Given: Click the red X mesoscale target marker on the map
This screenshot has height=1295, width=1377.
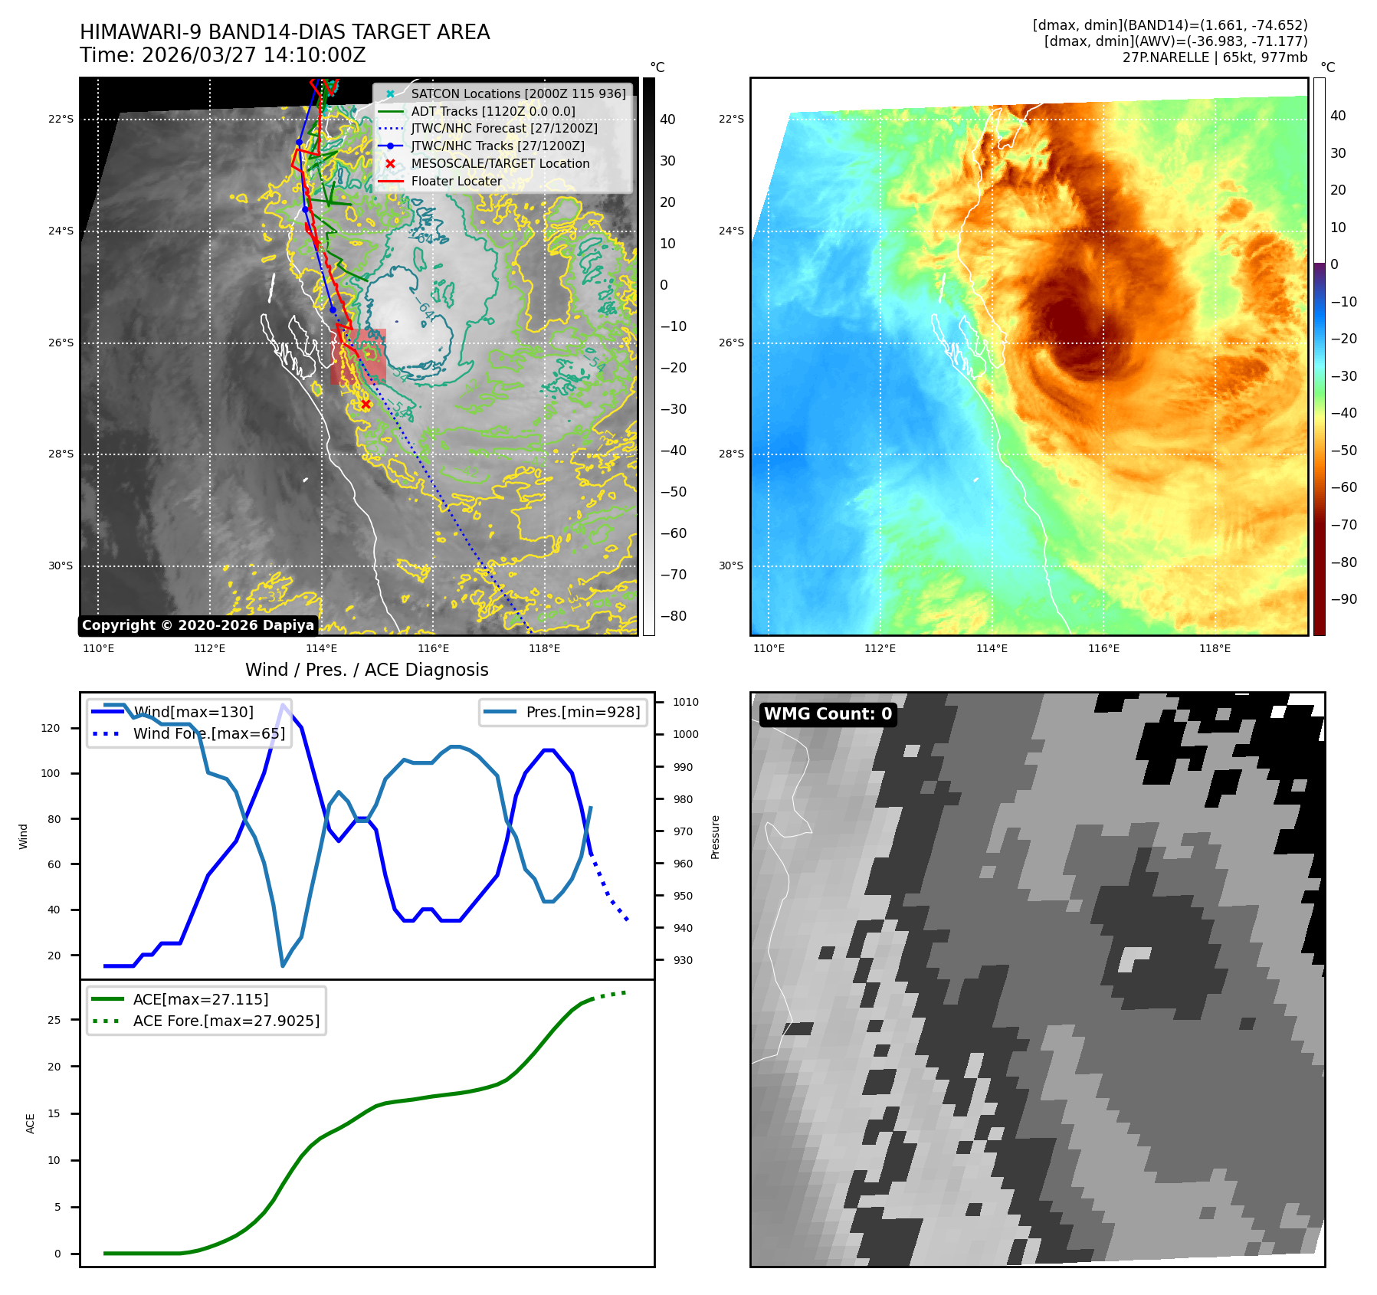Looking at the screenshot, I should pyautogui.click(x=366, y=405).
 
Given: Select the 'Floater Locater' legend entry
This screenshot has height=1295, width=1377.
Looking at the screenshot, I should pyautogui.click(x=456, y=182).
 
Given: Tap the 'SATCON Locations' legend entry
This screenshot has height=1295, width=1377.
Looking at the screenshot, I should pyautogui.click(x=518, y=93).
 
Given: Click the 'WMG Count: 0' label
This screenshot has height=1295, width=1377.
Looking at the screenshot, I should pyautogui.click(x=828, y=714).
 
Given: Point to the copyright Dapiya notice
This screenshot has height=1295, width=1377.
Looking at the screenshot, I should pyautogui.click(x=198, y=625).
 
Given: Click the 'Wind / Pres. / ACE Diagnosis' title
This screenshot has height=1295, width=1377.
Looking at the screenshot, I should pyautogui.click(x=366, y=670).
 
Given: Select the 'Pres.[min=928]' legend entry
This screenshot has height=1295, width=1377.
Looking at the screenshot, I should pyautogui.click(x=582, y=712).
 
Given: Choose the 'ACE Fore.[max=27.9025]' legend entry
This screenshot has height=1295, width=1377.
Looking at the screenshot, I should pyautogui.click(x=226, y=1021).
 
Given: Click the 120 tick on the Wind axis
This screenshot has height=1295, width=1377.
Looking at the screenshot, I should pyautogui.click(x=51, y=728).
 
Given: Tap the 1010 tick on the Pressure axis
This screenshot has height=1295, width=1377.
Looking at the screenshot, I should pyautogui.click(x=686, y=702).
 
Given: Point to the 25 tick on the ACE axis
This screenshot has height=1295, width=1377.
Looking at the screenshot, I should pyautogui.click(x=54, y=1020).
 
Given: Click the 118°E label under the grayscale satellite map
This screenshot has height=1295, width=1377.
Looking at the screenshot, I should pyautogui.click(x=544, y=649).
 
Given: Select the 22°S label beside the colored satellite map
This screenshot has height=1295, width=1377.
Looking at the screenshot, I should pyautogui.click(x=731, y=119).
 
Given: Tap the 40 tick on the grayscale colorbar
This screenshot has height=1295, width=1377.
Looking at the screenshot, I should pyautogui.click(x=667, y=120).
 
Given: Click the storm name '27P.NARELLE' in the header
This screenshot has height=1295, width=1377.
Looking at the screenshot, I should pyautogui.click(x=1165, y=57).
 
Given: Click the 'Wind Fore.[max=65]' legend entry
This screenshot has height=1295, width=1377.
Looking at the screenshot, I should pyautogui.click(x=208, y=733).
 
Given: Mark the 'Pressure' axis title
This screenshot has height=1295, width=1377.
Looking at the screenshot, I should pyautogui.click(x=715, y=837).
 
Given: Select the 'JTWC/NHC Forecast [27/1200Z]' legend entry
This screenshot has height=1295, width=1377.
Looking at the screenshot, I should pyautogui.click(x=503, y=129).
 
